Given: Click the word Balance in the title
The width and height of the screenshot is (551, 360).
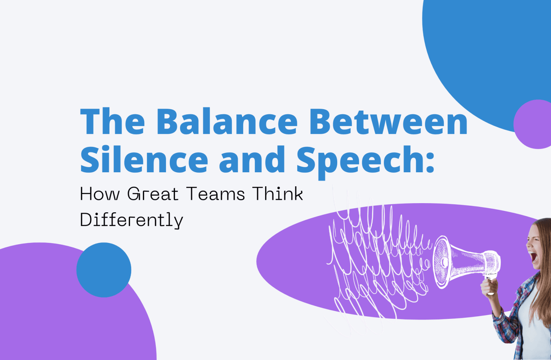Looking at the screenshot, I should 227,122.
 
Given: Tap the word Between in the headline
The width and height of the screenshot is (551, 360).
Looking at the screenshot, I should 388,122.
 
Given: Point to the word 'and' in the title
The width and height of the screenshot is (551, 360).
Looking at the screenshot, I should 252,160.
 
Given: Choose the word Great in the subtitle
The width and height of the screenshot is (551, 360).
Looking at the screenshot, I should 152,194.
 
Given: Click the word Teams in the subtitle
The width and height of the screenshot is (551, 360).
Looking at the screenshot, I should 215,194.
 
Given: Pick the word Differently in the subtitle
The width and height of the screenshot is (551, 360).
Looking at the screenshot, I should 131,220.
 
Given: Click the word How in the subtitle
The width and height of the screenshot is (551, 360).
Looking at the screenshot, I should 100,194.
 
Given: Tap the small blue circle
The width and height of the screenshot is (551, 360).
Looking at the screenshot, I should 104,270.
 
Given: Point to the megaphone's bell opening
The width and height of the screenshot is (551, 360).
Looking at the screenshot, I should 442,262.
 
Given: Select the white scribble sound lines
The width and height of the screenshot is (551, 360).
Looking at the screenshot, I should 371,264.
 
